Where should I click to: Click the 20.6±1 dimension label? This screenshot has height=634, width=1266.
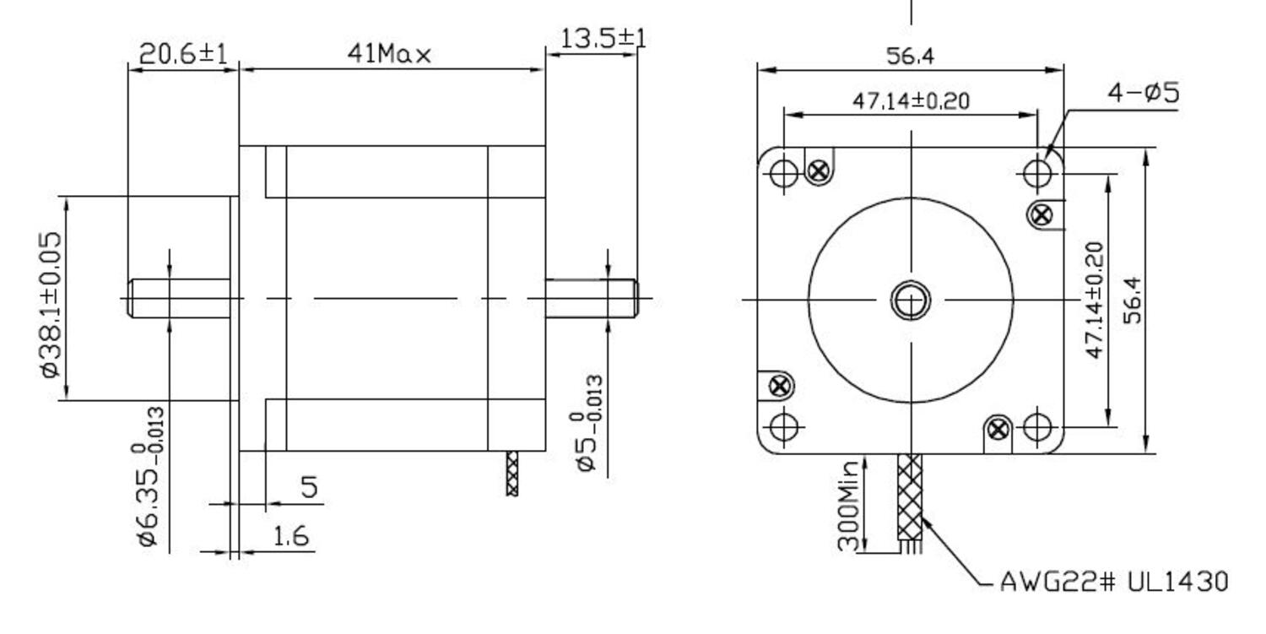(x=183, y=55)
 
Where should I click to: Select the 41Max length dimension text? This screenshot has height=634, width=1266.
(x=390, y=55)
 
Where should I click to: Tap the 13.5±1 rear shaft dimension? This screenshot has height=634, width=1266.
(x=603, y=39)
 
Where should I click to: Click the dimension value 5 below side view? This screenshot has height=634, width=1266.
(x=310, y=487)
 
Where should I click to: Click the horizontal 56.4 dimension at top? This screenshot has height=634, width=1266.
(x=910, y=57)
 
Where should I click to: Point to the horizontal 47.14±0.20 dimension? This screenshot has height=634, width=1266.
(x=910, y=101)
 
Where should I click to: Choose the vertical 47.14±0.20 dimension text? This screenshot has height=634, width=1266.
(x=1094, y=300)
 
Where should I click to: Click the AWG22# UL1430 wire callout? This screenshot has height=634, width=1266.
(x=1113, y=582)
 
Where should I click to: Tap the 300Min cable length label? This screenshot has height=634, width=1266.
(x=849, y=504)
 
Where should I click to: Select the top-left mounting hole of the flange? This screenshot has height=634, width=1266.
(x=784, y=173)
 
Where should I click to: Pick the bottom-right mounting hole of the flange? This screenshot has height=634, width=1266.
(x=1036, y=427)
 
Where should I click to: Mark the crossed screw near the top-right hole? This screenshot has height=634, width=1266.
(x=1042, y=214)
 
